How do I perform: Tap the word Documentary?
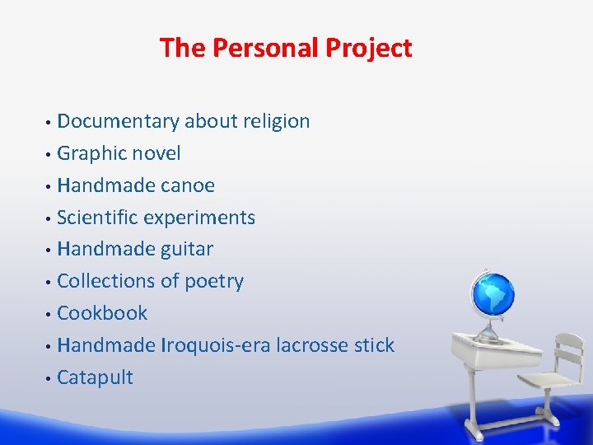(118, 121)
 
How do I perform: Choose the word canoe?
(187, 185)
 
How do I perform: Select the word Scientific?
(98, 218)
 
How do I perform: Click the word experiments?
(200, 218)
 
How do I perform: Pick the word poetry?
(213, 281)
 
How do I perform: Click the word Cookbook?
(102, 313)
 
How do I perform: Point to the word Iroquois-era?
(216, 345)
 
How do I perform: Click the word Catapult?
(95, 377)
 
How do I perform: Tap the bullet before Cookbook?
(50, 314)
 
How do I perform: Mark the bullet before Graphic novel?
(50, 154)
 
